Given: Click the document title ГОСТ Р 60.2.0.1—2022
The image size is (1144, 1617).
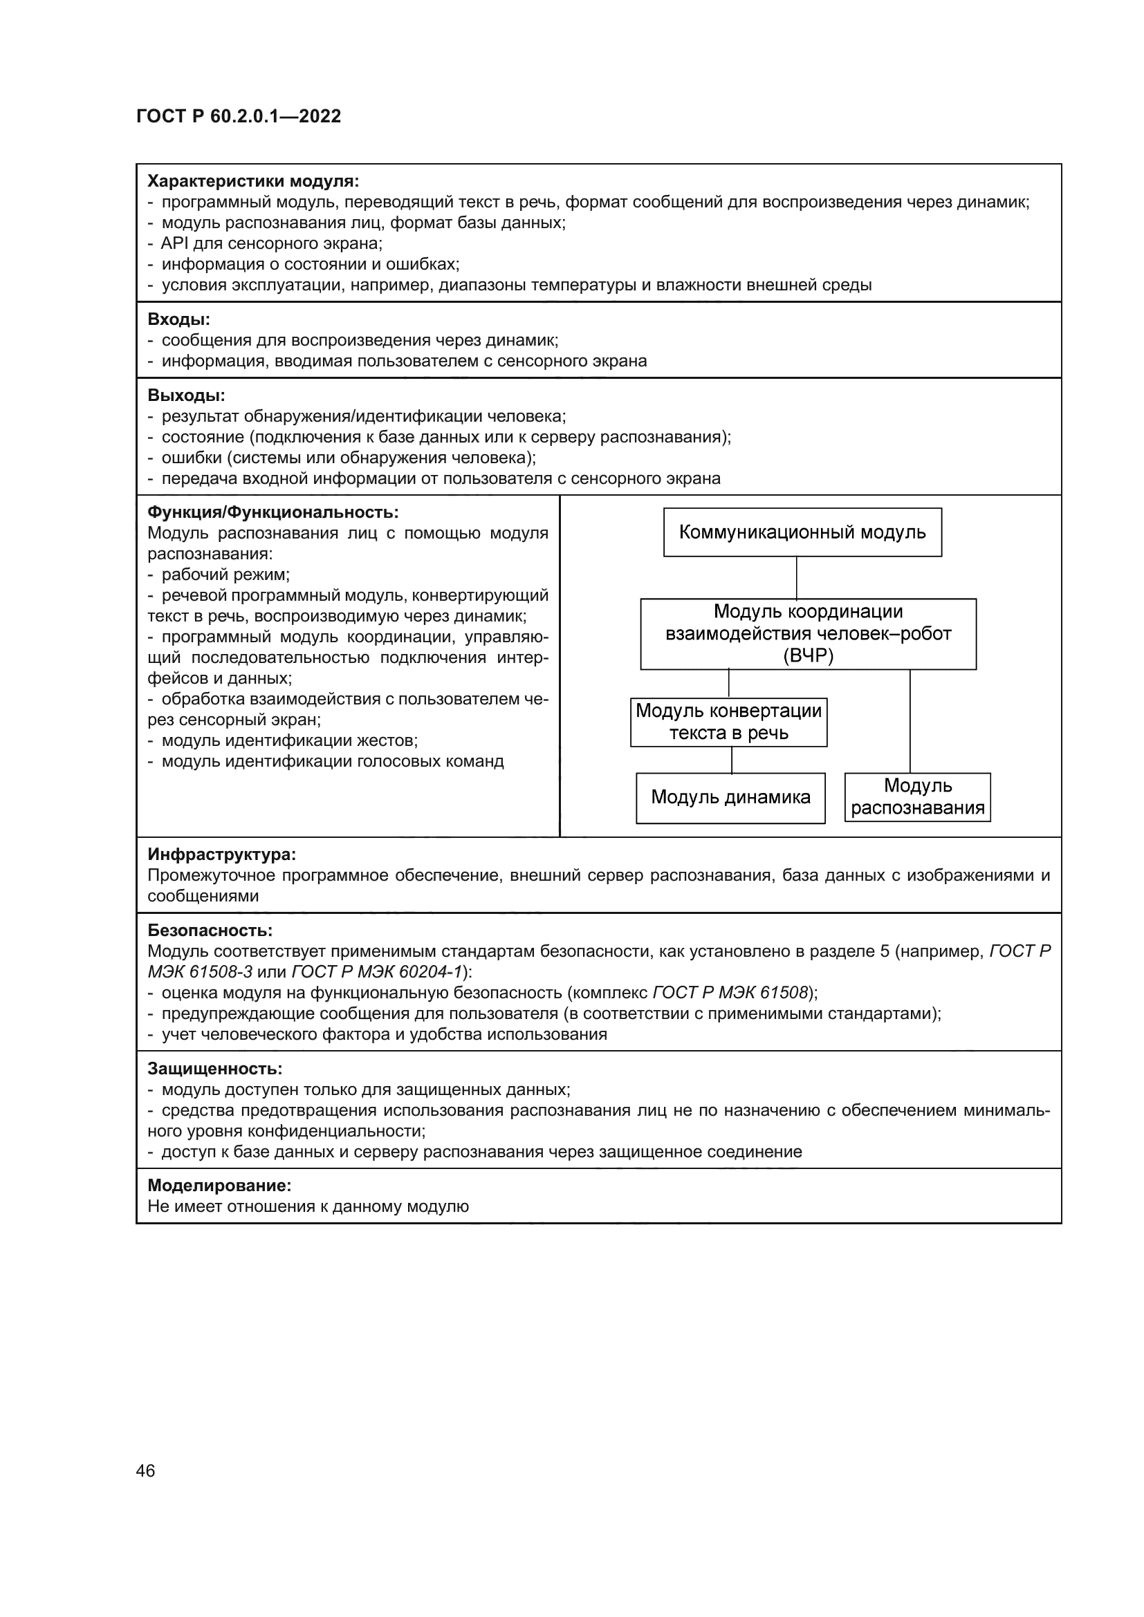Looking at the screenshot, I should [x=238, y=116].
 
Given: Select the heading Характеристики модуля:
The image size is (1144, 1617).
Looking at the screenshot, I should [x=253, y=181].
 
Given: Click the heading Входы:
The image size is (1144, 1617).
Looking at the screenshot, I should [x=179, y=319].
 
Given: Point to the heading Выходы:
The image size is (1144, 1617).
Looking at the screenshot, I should [x=186, y=395].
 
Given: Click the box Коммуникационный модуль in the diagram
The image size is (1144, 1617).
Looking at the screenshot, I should [x=802, y=532].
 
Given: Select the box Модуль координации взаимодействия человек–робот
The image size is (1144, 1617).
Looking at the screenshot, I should [x=807, y=634].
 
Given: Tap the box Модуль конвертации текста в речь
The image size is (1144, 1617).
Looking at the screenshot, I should [x=728, y=722].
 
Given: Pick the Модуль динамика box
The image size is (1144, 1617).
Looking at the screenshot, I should [x=730, y=797].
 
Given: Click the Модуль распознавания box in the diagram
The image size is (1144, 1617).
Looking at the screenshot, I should [x=917, y=796].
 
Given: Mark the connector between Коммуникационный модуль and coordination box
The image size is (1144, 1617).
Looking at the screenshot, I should [x=797, y=577].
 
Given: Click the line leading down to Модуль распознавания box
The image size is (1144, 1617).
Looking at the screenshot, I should [x=910, y=721].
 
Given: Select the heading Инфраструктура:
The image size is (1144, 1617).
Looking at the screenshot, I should [x=221, y=854].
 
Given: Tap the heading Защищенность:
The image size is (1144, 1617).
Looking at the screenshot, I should [x=215, y=1068].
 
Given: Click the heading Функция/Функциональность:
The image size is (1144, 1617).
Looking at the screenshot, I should [x=273, y=512].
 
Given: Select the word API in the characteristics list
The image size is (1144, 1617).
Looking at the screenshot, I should [x=174, y=243].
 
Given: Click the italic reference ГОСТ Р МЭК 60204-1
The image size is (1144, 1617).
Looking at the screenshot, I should [x=376, y=972].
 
